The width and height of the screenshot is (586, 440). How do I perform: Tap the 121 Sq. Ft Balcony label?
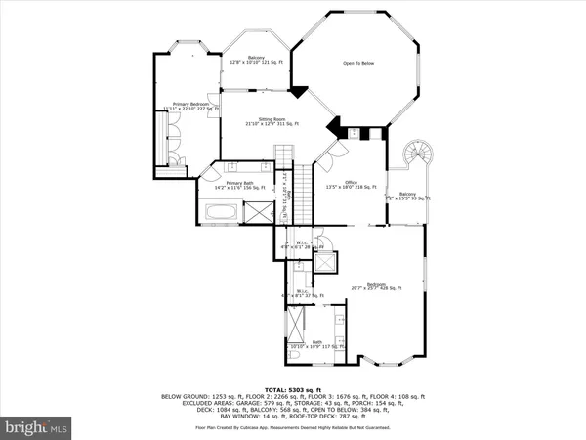point(256,60)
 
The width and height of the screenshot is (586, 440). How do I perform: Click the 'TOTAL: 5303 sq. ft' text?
point(294,374)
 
